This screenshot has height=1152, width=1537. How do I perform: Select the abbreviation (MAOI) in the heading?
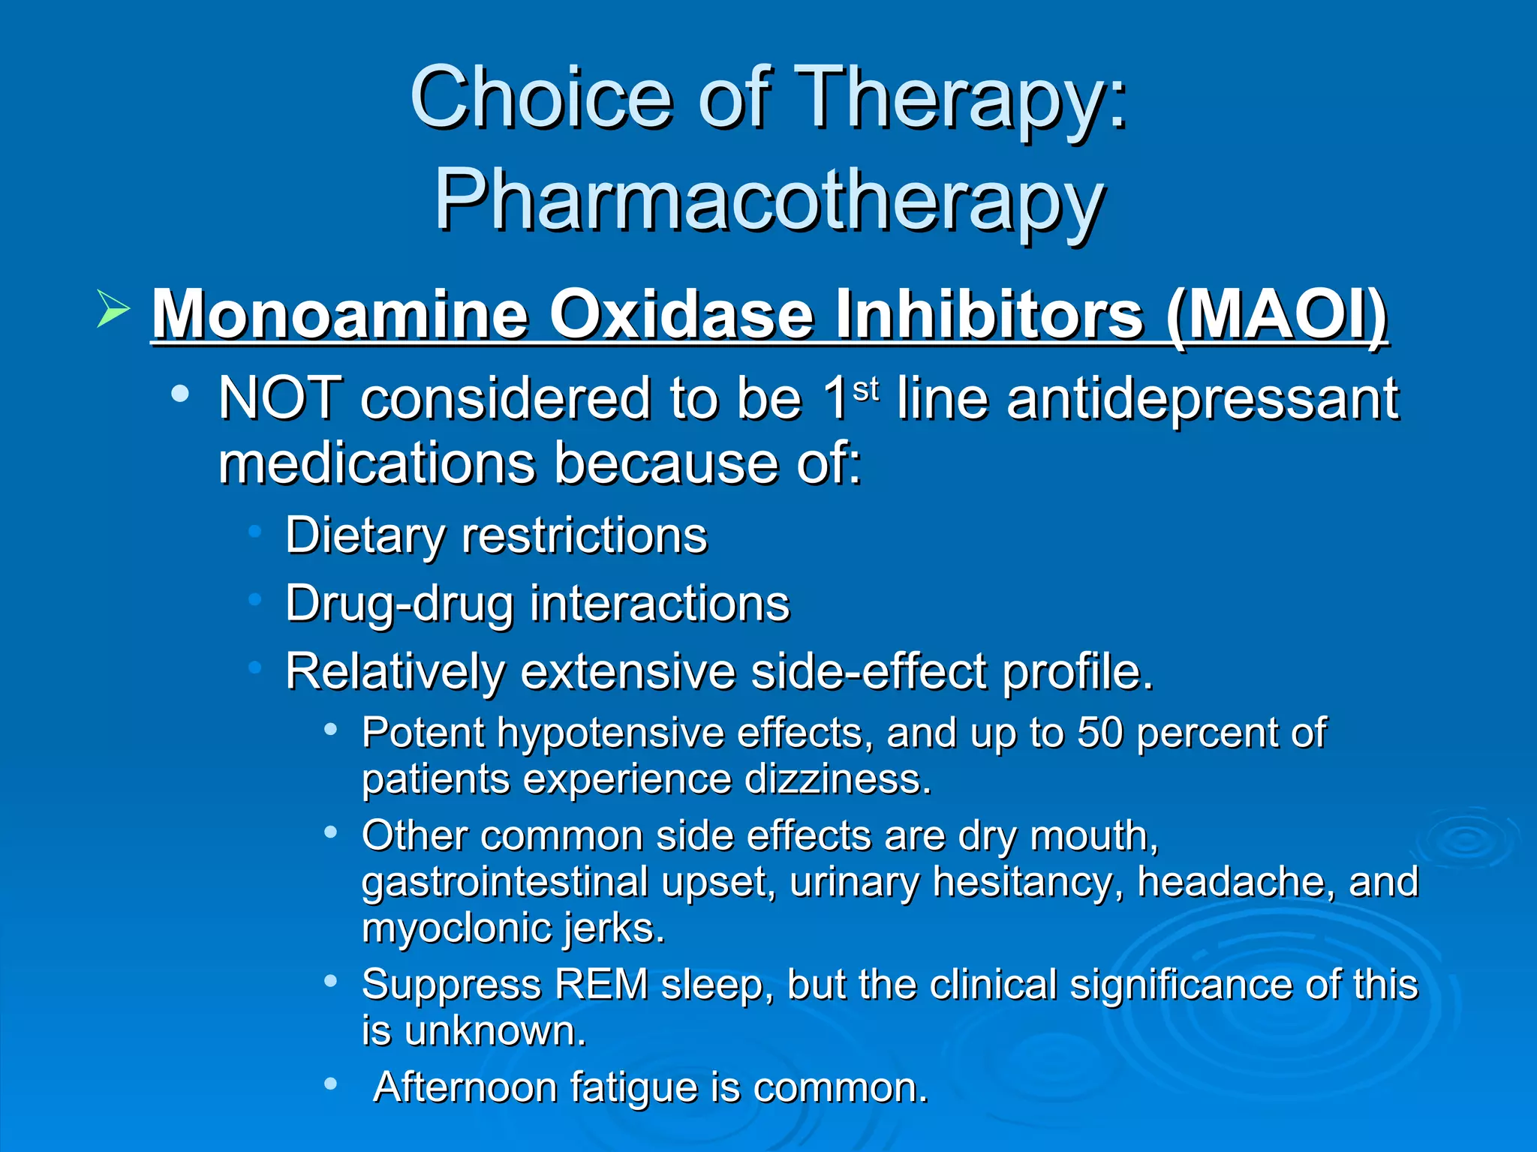click(1276, 315)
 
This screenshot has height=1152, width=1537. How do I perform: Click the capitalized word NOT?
click(279, 398)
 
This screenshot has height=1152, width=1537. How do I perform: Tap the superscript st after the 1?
click(865, 388)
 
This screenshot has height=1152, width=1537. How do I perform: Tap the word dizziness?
click(838, 779)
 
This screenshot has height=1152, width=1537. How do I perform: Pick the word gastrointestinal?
click(504, 881)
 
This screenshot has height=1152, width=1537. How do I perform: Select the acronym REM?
click(601, 984)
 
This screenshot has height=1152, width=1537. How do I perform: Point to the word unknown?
click(495, 1031)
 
